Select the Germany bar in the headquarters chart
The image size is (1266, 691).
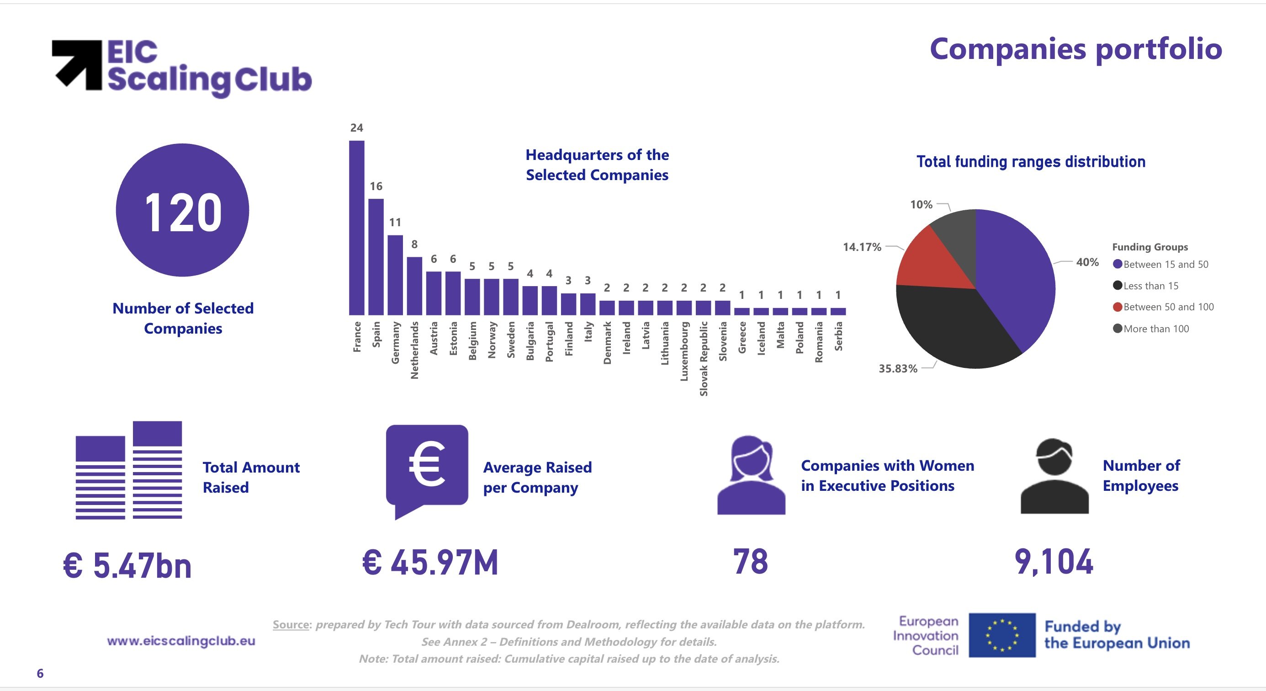(395, 275)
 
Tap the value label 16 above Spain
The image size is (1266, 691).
(376, 186)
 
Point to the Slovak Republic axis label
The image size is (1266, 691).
(703, 358)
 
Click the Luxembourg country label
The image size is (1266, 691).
(684, 351)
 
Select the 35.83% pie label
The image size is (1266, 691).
(898, 369)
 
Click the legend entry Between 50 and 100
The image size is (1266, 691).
(1168, 307)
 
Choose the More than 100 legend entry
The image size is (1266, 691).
(1156, 329)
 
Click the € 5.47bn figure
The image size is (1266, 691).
(127, 565)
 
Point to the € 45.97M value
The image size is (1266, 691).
(430, 562)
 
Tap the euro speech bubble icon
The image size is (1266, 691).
(427, 470)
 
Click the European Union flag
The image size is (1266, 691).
(1001, 635)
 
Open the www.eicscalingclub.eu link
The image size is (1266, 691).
(181, 641)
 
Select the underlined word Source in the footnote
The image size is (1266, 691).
(291, 625)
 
